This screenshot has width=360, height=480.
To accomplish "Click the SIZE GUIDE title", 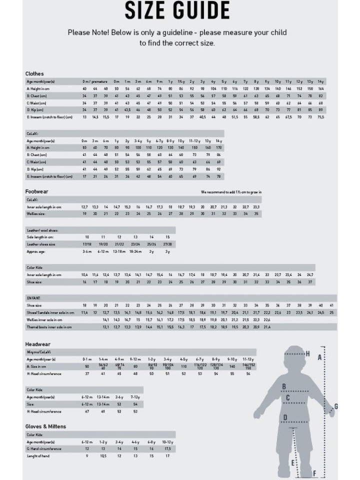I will pos(177,10).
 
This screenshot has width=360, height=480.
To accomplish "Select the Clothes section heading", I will pos(34,73).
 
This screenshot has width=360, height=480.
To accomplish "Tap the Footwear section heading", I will pos(37,191).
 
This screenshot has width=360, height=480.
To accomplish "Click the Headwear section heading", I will pos(38,344).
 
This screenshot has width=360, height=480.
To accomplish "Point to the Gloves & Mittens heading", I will pos(45,426).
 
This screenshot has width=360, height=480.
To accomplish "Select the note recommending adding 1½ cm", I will pos(231,192).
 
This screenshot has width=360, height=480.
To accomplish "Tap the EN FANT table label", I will pos(33,298).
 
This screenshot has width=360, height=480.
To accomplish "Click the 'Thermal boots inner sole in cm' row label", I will pos(49,327).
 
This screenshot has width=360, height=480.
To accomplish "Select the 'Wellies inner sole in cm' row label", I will pos(44,319).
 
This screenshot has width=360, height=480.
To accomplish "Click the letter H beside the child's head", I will pos(308,354).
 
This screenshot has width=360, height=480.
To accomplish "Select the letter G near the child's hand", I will pos(336,406).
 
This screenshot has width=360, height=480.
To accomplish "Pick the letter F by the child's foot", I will pos(314,473).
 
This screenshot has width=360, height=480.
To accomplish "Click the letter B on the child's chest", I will pos(284,386).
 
